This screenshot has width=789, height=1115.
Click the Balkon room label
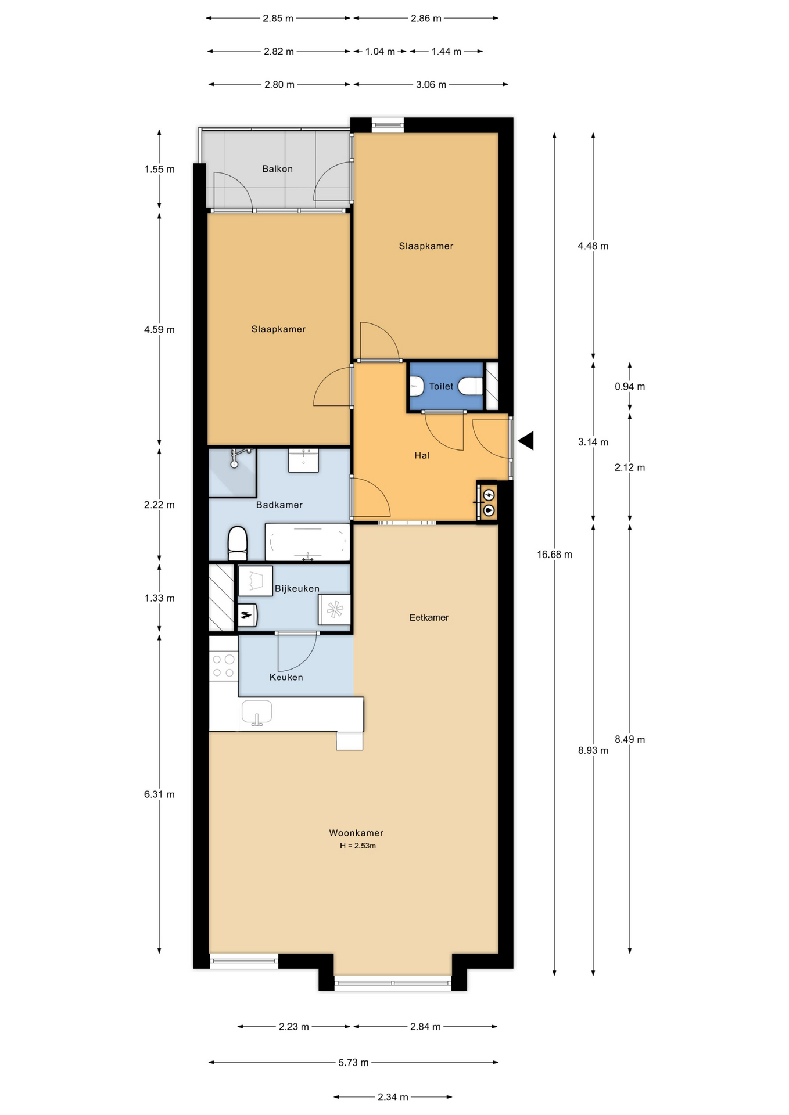pos(277,169)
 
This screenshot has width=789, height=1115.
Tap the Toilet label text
pos(441,386)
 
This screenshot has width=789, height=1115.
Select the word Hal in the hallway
pos(422,455)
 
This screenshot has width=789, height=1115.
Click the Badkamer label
pos(279,505)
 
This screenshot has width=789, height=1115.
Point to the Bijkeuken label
pos(297,588)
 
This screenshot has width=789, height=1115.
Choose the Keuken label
pos(286,677)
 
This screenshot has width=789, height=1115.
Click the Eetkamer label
pos(429,617)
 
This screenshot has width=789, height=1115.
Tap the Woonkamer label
pos(356,833)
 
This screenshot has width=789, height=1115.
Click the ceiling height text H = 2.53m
pos(358,846)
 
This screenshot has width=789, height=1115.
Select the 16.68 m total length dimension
pos(554,555)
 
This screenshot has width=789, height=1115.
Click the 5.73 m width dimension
pos(353,1063)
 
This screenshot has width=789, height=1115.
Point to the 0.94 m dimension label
pos(630,387)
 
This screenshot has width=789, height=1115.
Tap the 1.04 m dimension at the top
pos(380,52)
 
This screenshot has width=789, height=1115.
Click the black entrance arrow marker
pos(526,441)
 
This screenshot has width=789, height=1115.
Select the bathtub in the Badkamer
pos(307,542)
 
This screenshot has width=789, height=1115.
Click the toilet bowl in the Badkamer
pos(238,544)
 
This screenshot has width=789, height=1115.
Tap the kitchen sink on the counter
pos(257,714)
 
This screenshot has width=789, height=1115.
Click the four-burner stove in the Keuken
pos(224,666)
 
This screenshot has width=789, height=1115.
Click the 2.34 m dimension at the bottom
pos(393,1097)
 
